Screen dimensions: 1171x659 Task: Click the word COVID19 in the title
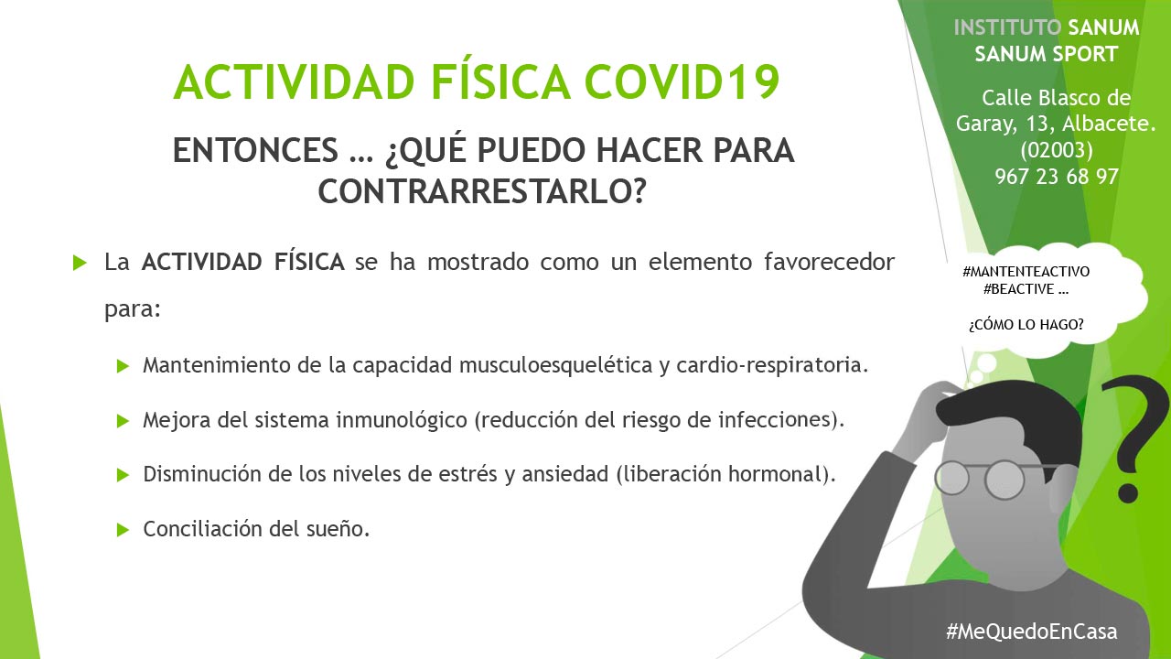[x=682, y=81]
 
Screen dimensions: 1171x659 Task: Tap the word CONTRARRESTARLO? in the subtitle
[x=482, y=192]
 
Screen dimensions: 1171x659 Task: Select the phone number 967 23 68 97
[x=1057, y=177]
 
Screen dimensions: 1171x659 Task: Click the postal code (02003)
[x=1057, y=151]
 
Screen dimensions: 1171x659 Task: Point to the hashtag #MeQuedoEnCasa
[x=1031, y=632]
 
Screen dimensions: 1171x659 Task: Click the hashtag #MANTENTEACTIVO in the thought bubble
[x=1026, y=272]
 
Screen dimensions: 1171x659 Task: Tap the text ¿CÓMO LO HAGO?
[x=1026, y=325]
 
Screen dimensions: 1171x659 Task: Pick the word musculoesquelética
[x=555, y=365]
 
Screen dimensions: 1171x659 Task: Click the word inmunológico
[x=402, y=420]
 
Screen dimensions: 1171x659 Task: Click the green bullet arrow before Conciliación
[x=123, y=530]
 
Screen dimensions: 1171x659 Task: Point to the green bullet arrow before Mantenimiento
[x=123, y=365]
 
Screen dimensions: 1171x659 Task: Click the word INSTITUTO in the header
[x=1007, y=27]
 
